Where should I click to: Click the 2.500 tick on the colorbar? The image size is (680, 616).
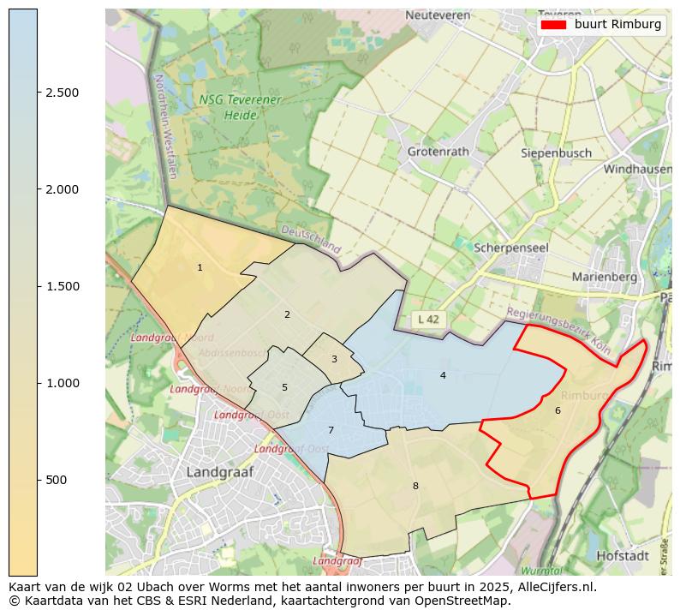[x=38, y=93]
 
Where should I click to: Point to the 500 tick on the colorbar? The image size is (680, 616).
[x=38, y=480]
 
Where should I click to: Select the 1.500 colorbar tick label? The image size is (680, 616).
[x=63, y=286]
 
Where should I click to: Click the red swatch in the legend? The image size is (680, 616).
[x=554, y=25]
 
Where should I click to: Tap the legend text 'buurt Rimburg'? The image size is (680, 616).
[x=617, y=25]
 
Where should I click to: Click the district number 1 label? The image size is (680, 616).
[x=200, y=268]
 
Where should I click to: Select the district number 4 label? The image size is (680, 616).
[x=443, y=375]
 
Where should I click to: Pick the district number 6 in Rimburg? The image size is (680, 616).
[x=558, y=410]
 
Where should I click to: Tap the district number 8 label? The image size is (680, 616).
[x=415, y=486]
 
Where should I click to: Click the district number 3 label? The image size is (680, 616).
[x=334, y=359]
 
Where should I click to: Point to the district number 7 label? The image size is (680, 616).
[x=331, y=430]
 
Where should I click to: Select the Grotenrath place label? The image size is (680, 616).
[x=438, y=152]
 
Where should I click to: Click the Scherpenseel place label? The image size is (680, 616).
[x=511, y=247]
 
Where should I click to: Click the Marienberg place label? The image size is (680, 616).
[x=605, y=277]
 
